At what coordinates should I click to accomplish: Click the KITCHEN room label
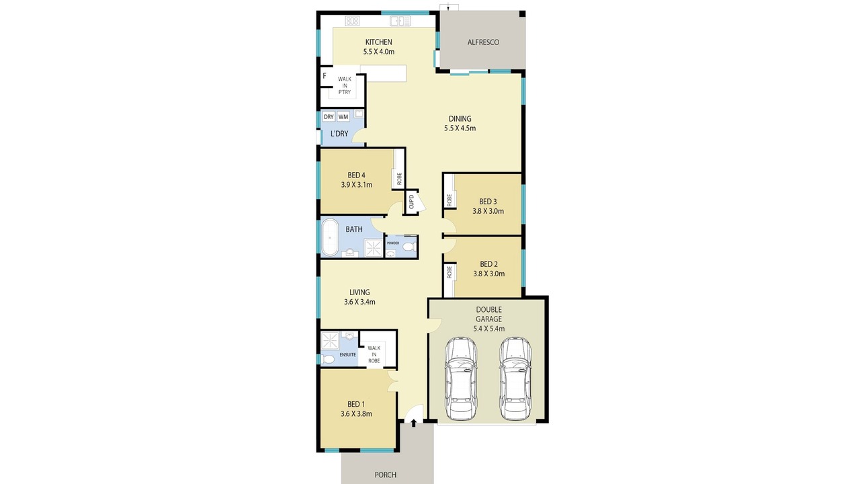[378, 42]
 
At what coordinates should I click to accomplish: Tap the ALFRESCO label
[483, 42]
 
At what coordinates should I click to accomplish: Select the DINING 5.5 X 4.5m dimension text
[460, 128]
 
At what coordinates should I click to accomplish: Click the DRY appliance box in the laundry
[329, 117]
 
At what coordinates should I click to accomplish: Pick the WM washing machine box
[343, 117]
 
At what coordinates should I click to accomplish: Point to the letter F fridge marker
[325, 76]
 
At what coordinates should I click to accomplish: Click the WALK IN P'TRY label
[345, 85]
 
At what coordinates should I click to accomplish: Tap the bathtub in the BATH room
[329, 237]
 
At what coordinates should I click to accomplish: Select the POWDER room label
[393, 243]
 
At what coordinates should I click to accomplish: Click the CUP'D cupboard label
[411, 202]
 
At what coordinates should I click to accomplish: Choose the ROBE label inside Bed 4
[399, 179]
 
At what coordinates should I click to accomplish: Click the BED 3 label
[488, 201]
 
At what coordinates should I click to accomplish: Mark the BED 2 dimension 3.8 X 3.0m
[488, 274]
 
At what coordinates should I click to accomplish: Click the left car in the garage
[461, 378]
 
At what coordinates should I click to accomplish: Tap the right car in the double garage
[515, 378]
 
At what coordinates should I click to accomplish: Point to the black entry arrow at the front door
[413, 423]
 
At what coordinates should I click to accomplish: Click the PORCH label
[386, 475]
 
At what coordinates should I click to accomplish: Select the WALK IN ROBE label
[374, 354]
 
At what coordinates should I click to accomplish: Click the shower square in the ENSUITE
[330, 341]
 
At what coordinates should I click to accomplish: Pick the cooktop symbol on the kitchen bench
[352, 21]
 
